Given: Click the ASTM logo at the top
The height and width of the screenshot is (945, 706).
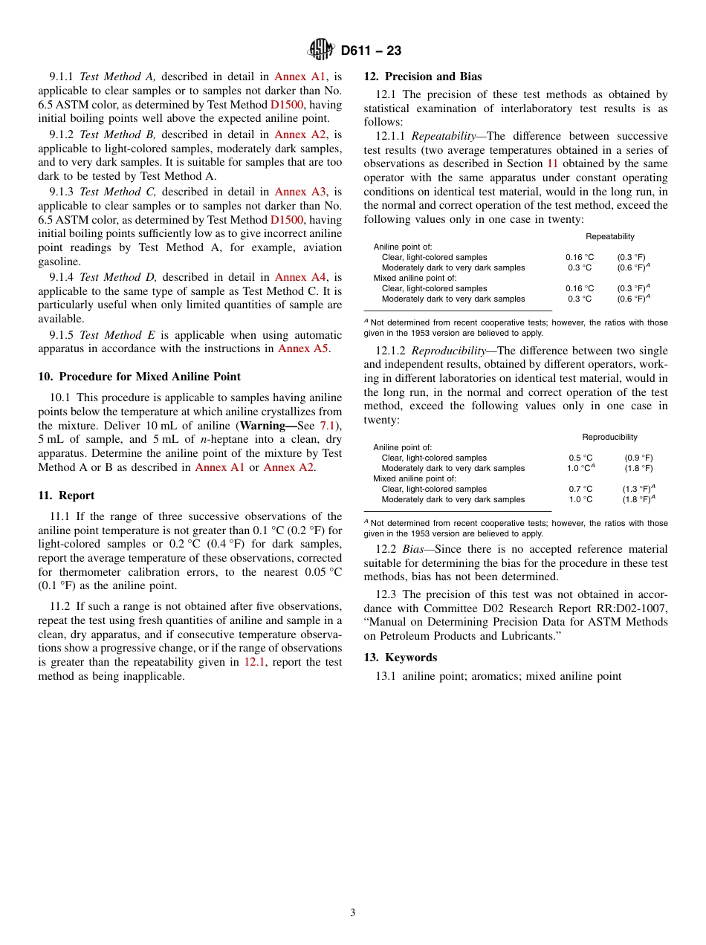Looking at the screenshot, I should (321, 50).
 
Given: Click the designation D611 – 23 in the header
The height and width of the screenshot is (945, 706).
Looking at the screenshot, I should (371, 51).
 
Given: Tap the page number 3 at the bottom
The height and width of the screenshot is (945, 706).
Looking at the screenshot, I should (353, 912).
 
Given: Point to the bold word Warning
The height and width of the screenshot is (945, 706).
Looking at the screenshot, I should (266, 425).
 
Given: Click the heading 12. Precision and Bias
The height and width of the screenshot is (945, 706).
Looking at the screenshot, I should (422, 77).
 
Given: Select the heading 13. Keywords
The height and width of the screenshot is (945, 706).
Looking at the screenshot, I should (400, 657).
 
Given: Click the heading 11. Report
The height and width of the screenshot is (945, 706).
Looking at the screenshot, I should (66, 496).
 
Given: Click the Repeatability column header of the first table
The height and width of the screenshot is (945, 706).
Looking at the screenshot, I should (609, 236).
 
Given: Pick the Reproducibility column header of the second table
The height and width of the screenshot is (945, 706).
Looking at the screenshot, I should (609, 437).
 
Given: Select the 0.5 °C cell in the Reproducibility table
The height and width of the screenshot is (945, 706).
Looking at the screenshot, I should (580, 458).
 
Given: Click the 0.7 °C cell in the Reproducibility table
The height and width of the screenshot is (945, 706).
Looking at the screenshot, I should (580, 489).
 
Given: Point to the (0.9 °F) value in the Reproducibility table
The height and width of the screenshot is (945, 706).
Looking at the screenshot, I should (638, 458).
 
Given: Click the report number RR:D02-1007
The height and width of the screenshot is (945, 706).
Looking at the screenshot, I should (626, 608).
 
